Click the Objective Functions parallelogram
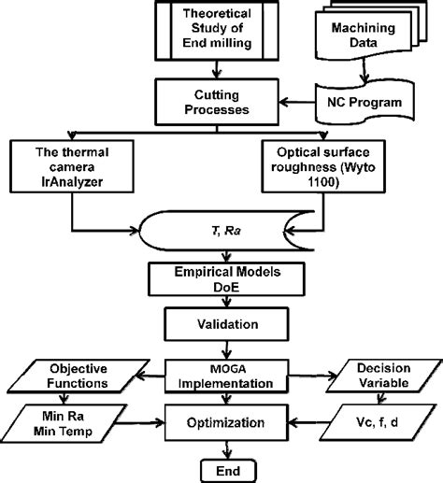click(x=83, y=373)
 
